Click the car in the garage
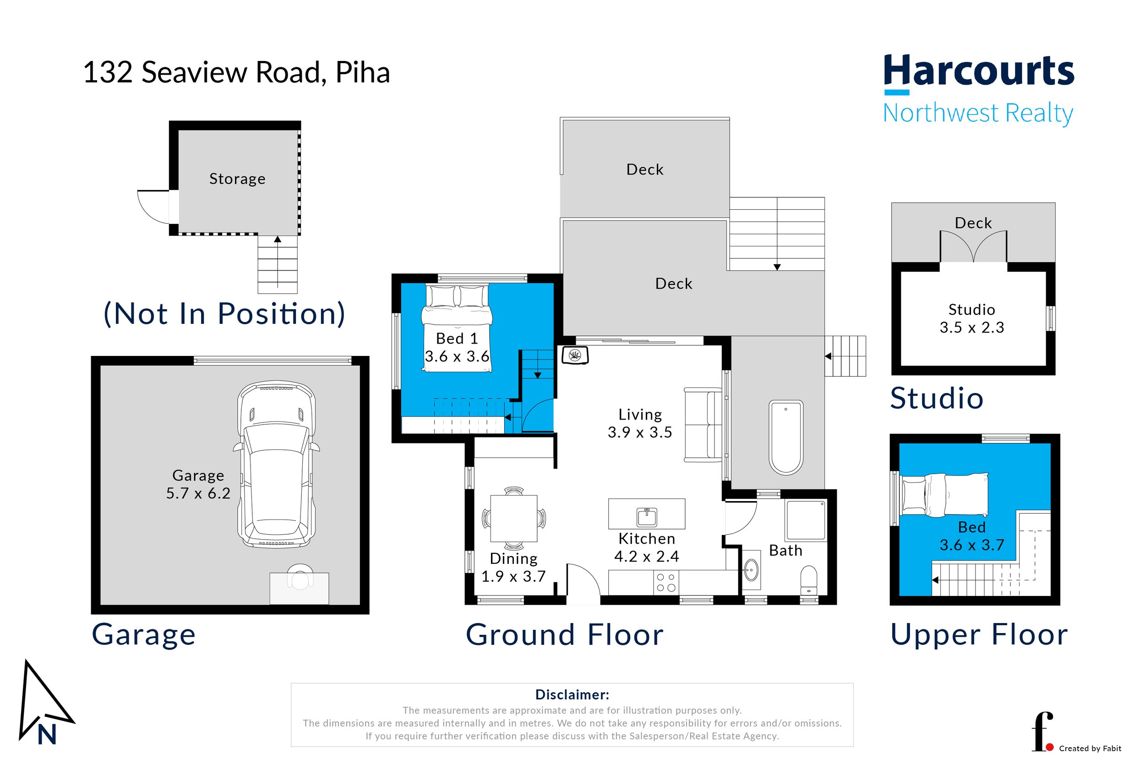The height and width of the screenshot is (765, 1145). pos(276,464)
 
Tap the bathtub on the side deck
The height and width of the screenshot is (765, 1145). pos(785,437)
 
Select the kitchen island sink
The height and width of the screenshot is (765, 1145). pos(647,517)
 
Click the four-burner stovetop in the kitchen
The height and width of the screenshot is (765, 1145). pos(665,583)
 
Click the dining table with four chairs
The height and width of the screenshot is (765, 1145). pos(513,519)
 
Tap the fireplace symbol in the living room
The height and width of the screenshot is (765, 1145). pos(575,355)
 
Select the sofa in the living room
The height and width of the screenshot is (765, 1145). pos(703,425)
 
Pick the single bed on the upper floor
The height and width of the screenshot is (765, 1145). pos(945,495)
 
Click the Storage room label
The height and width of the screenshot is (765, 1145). pos(238,179)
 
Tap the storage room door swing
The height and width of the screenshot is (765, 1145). pos(153,207)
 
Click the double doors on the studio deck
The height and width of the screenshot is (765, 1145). pos(973,247)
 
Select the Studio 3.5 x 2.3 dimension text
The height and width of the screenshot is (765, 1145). pos(971,328)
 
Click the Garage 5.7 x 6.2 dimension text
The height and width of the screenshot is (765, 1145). pos(198,493)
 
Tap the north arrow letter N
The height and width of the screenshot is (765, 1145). pos(47,735)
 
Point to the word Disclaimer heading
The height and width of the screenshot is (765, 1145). pos(572,694)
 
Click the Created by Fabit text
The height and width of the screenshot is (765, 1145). pos(1090,749)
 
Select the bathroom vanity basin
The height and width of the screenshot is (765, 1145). pos(752,570)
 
